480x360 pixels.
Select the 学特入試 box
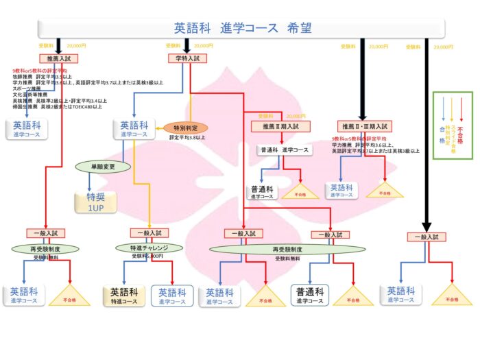coord(187,59)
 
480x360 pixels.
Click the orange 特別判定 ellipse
coord(185,128)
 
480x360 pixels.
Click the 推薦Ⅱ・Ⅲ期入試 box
coord(365,127)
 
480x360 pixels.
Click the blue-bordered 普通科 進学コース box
coord(309,296)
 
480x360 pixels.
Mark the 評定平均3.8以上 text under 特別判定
coord(187,138)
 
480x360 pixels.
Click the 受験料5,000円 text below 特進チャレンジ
coord(147,256)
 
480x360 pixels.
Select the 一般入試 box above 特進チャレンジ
coord(149,233)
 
